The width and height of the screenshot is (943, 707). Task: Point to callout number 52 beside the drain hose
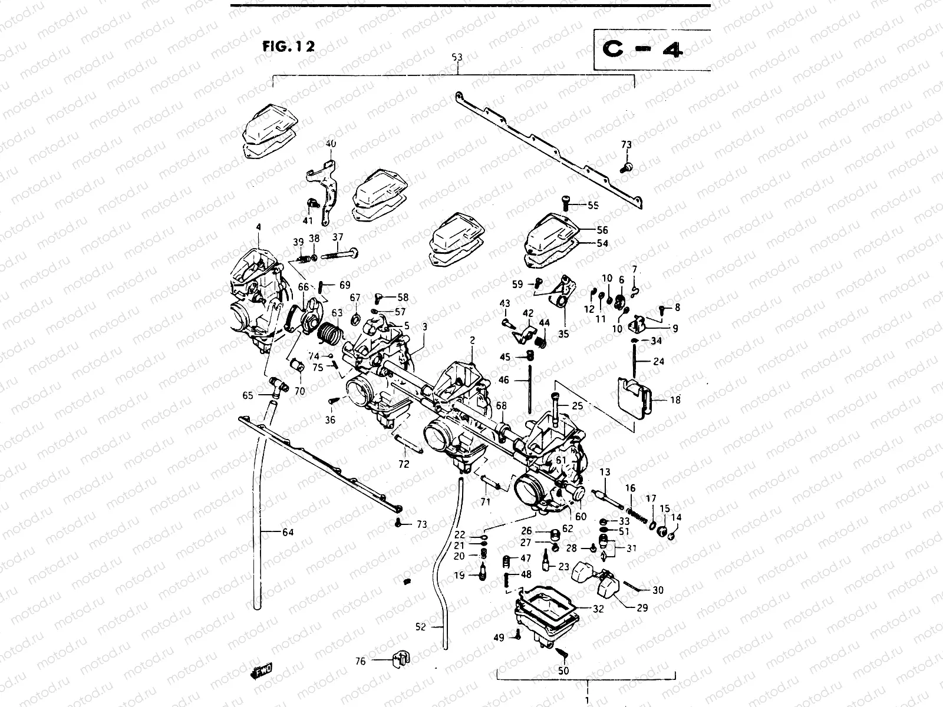coord(420,628)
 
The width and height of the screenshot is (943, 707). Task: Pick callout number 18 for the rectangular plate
coord(675,400)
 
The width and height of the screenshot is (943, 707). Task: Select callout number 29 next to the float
coord(642,607)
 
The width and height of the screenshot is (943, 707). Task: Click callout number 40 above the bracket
coord(331,144)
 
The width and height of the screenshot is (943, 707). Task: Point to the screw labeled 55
coord(566,204)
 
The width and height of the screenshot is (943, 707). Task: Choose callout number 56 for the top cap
coord(602,230)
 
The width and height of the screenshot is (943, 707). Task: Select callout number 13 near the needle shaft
coord(605,472)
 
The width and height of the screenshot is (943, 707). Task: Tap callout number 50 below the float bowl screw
coord(563,671)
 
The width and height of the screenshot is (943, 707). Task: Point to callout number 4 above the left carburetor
coord(258,227)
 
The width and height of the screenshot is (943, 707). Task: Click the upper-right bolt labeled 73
coord(627,167)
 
